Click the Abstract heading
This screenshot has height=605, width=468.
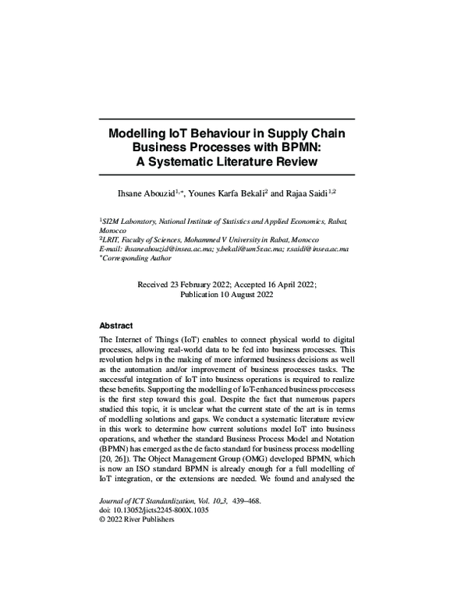(116, 325)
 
